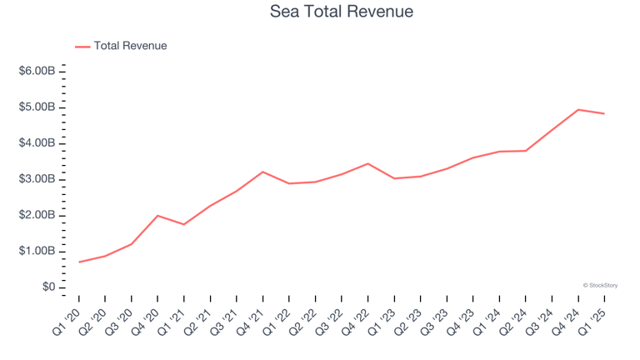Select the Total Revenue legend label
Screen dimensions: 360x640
point(130,46)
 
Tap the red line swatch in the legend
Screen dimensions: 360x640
point(82,47)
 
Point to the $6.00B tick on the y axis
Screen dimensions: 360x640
point(37,72)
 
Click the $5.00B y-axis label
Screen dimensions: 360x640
point(37,107)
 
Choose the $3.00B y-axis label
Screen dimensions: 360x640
point(37,179)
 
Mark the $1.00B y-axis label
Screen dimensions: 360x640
point(37,251)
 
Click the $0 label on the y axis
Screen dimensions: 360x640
point(47,287)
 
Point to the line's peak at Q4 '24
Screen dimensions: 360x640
point(578,109)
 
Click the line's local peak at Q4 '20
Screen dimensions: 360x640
point(157,215)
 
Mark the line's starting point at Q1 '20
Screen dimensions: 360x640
point(79,262)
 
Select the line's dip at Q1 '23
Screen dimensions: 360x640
point(394,178)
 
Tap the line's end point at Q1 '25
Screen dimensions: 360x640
point(604,113)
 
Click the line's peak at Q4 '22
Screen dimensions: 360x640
point(368,163)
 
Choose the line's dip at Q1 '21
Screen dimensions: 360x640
point(184,224)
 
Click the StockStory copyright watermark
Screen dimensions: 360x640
point(599,285)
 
